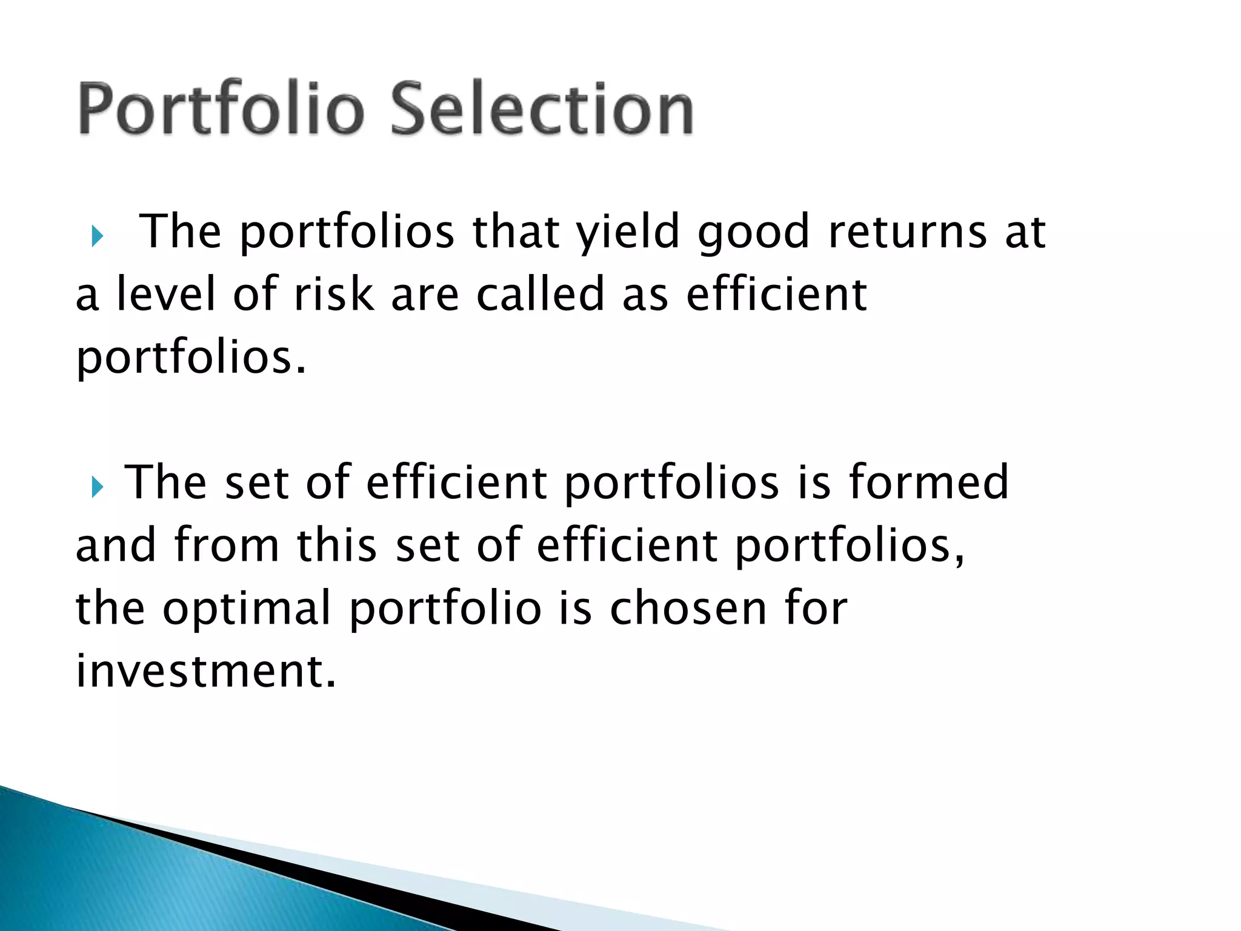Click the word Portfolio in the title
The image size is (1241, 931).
coord(221,109)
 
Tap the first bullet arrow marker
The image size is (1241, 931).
coord(97,236)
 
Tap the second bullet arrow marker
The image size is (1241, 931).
coord(97,487)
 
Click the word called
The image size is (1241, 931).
coord(541,295)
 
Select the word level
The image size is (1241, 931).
coord(165,295)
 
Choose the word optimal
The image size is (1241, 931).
coord(247,609)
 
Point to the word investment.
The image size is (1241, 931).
coord(205,671)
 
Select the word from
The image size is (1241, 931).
coord(227,545)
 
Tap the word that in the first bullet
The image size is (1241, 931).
coord(516,232)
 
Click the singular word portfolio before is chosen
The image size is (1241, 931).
coord(445,609)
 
